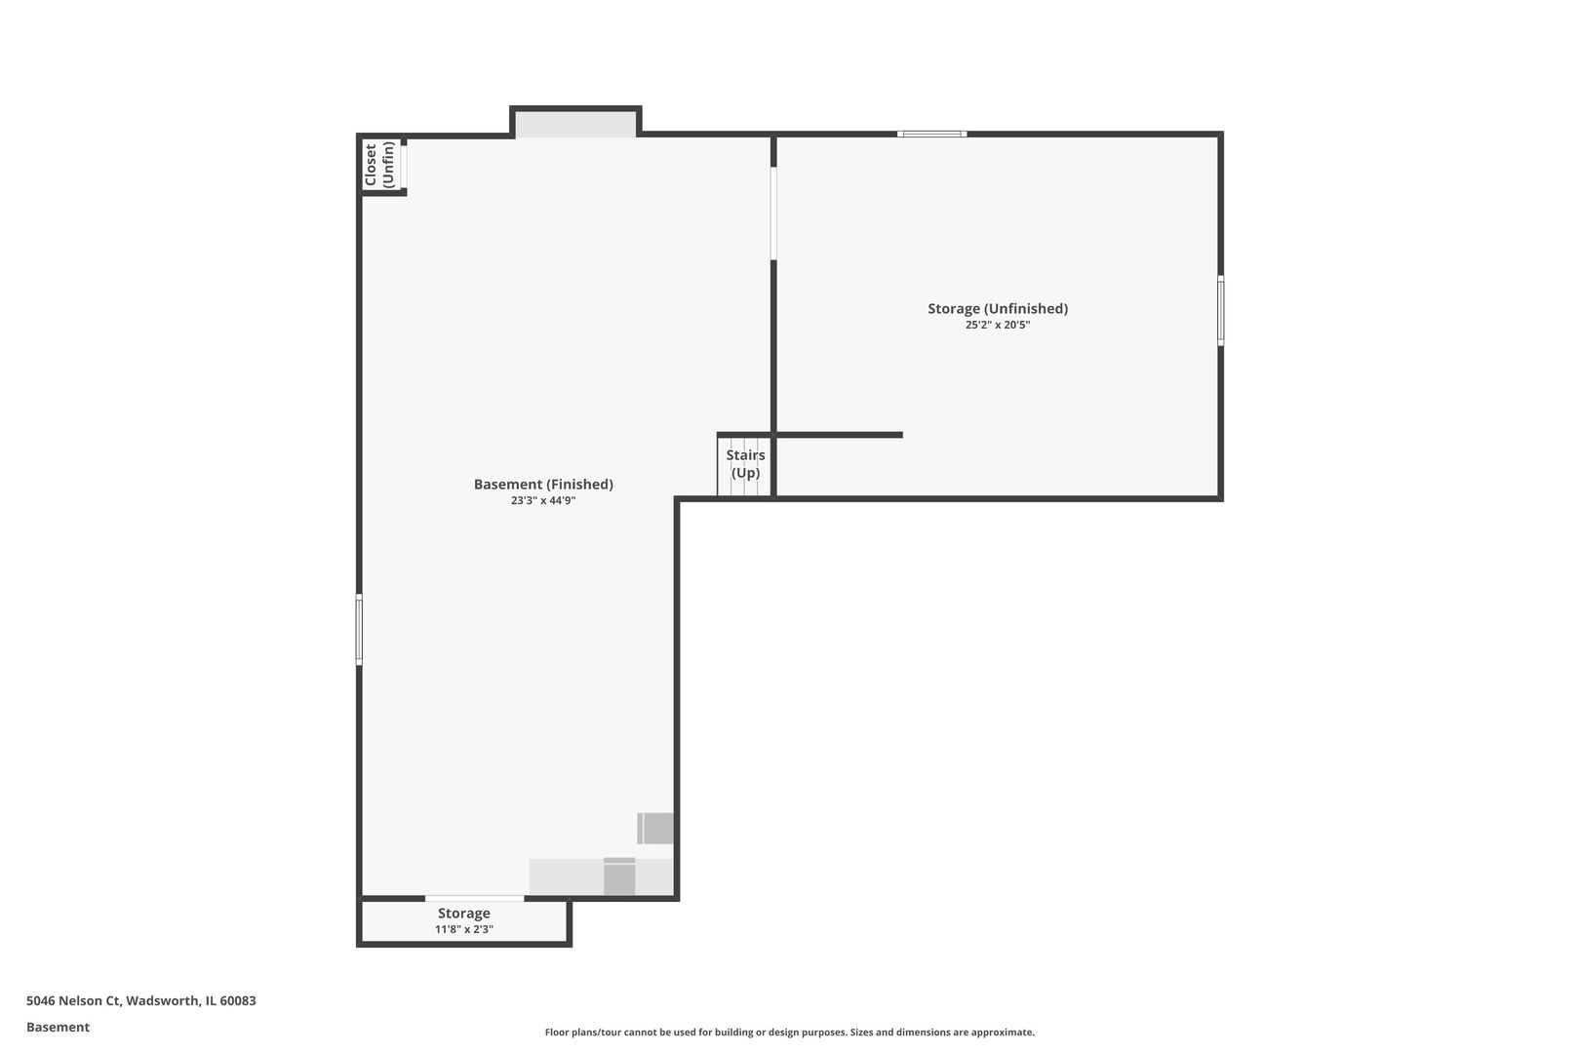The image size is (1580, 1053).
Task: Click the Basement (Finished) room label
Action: pos(543,484)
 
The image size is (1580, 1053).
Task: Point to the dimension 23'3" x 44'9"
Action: pos(543,501)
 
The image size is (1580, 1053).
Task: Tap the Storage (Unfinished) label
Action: pos(998,308)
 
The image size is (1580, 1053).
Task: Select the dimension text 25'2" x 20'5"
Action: pos(998,325)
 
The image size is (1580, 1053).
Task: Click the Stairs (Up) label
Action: pos(745,463)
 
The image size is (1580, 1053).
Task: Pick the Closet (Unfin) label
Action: pos(378,165)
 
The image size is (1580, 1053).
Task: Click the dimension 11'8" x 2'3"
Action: pos(463,929)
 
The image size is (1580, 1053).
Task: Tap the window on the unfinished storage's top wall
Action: pos(931,134)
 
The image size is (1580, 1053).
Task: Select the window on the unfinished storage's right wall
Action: pos(1221,310)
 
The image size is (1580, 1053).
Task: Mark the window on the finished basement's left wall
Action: pos(359,629)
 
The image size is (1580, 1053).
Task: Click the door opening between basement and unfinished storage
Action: pos(773,213)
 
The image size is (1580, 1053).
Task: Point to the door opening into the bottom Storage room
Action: pos(475,899)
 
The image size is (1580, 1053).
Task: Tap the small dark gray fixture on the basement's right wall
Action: pos(655,828)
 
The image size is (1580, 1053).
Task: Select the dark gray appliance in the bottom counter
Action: pos(619,876)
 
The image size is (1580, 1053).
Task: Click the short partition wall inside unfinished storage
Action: pos(840,435)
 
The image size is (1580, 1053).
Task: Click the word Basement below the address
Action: pos(58,1027)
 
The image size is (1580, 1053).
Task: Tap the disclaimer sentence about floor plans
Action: pos(789,1032)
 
